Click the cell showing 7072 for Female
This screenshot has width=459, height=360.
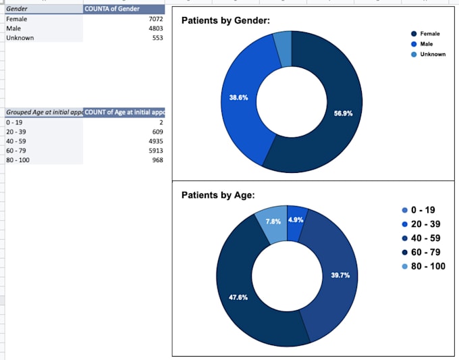point(155,20)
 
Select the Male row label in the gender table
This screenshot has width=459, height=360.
point(13,28)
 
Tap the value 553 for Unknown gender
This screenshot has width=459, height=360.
point(158,38)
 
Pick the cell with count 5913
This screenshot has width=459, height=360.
point(155,151)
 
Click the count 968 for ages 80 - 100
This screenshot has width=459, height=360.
point(158,160)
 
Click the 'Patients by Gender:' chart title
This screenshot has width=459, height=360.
point(225,21)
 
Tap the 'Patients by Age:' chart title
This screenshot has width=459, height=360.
point(218,195)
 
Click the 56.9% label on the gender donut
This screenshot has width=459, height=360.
point(343,113)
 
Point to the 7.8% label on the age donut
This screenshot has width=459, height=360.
point(272,220)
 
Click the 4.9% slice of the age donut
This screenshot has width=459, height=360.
point(297,216)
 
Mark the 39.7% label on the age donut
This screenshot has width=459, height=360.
point(340,276)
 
